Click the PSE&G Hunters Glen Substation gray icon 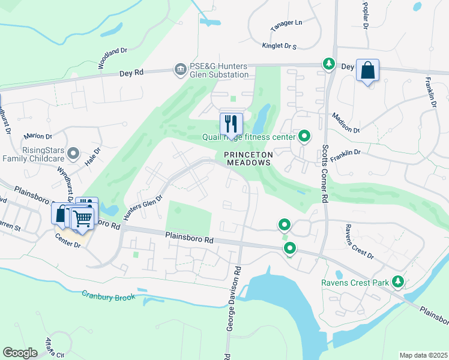click(x=179, y=70)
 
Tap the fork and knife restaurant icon click(x=231, y=124)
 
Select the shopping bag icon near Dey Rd click(x=367, y=71)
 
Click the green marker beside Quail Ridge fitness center click(x=304, y=137)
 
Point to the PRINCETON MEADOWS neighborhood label click(x=249, y=158)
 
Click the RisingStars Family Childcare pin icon click(x=74, y=154)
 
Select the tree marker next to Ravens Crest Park click(x=397, y=281)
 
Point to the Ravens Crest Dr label click(x=359, y=242)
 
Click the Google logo click(x=20, y=353)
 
